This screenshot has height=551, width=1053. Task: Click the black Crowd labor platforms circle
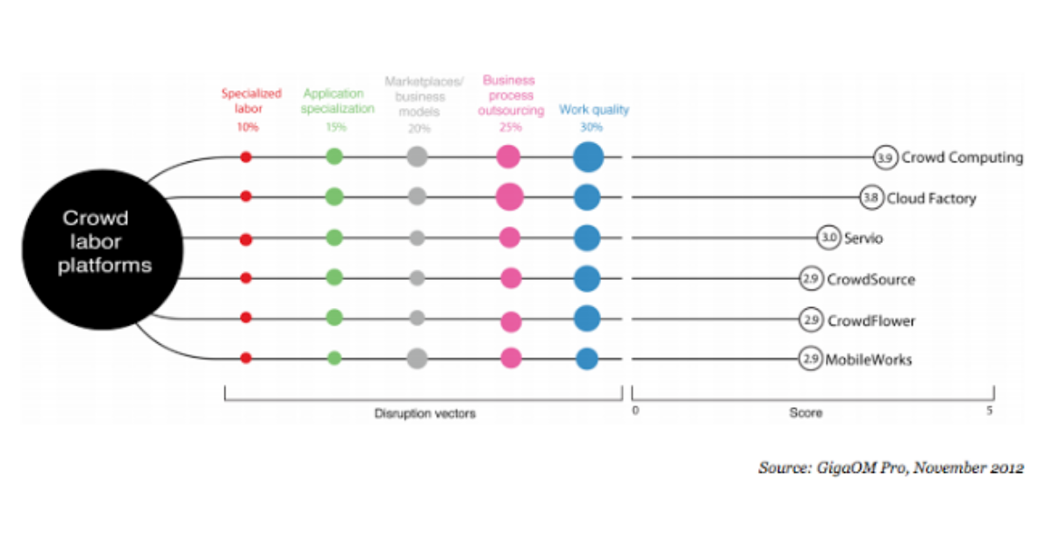pyautogui.click(x=103, y=249)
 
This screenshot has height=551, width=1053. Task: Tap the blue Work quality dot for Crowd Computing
pyautogui.click(x=589, y=157)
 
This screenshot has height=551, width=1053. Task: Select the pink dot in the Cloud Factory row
pyautogui.click(x=510, y=197)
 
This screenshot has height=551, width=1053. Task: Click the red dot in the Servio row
pyautogui.click(x=246, y=240)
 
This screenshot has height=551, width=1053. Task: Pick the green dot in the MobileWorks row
pyautogui.click(x=334, y=358)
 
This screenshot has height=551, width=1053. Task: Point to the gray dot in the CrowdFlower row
pyautogui.click(x=417, y=318)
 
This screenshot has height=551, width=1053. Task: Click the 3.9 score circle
pyautogui.click(x=885, y=158)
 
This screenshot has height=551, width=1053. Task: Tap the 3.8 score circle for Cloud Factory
pyautogui.click(x=871, y=197)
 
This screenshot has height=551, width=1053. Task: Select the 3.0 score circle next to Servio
pyautogui.click(x=828, y=238)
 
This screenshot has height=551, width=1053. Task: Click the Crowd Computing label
pyautogui.click(x=963, y=158)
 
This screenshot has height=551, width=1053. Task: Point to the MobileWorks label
pyautogui.click(x=869, y=360)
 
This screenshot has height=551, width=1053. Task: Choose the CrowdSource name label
pyautogui.click(x=871, y=279)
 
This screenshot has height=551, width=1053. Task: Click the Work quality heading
pyautogui.click(x=594, y=110)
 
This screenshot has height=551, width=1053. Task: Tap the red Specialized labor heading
pyautogui.click(x=251, y=101)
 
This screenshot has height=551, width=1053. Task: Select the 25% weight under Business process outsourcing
pyautogui.click(x=511, y=127)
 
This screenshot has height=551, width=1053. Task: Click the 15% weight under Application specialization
pyautogui.click(x=336, y=127)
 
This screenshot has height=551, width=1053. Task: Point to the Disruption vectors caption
pyautogui.click(x=425, y=413)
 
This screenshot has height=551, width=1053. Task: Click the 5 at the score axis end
pyautogui.click(x=990, y=411)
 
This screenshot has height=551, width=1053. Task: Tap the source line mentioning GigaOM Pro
pyautogui.click(x=891, y=468)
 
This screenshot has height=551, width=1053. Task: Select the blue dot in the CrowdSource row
pyautogui.click(x=587, y=278)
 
